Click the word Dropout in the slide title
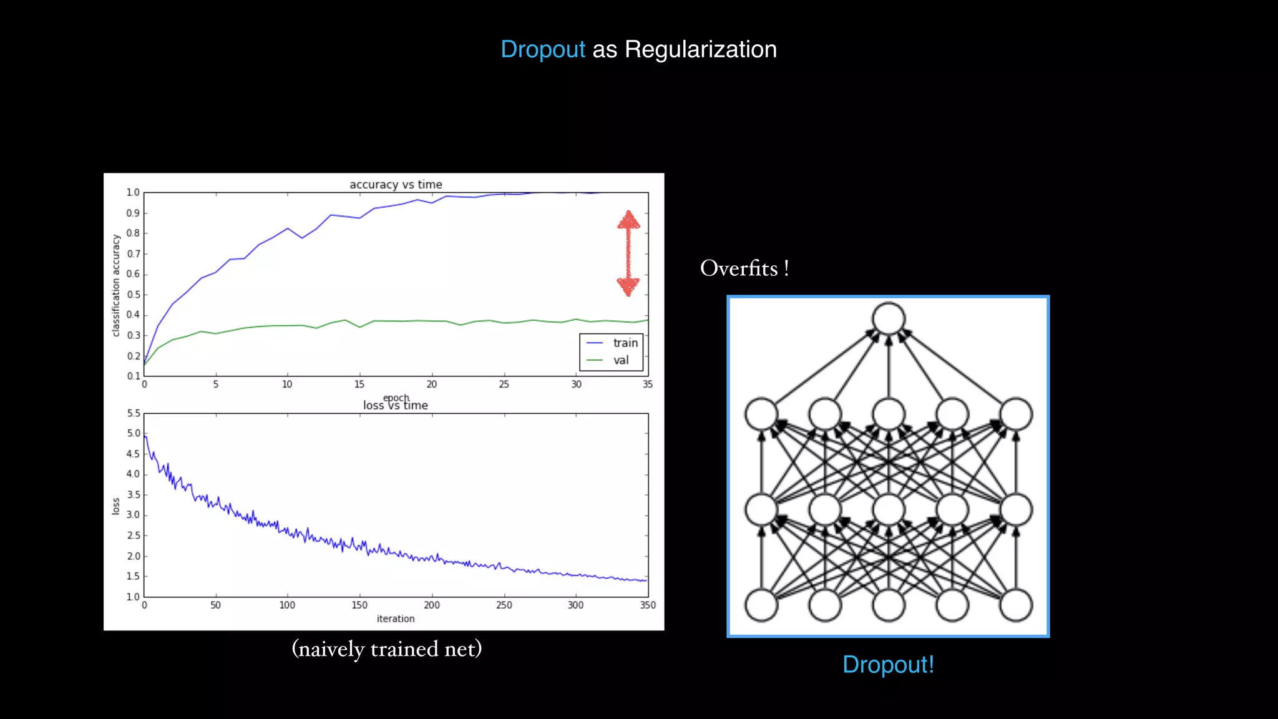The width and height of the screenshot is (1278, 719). [x=542, y=50]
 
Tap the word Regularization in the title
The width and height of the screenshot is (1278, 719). [x=700, y=50]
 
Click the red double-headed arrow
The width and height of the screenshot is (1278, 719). [x=628, y=253]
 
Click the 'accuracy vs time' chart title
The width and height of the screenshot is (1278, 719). [x=396, y=184]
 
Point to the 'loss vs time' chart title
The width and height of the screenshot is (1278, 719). [x=396, y=406]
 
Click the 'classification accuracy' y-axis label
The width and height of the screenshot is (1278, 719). [x=115, y=285]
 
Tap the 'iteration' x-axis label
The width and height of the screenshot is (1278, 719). [x=396, y=619]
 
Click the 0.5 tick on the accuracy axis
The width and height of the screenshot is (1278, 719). [x=133, y=295]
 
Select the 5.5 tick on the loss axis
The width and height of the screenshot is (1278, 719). [x=134, y=413]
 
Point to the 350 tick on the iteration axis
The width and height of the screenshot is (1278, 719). [x=648, y=605]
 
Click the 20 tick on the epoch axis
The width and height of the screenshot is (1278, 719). [x=432, y=384]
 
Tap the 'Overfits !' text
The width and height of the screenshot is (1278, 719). [x=744, y=268]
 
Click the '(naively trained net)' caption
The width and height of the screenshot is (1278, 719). [x=387, y=649]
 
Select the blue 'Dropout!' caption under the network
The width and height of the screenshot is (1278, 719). [x=888, y=665]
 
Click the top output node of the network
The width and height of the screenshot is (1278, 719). [x=889, y=318]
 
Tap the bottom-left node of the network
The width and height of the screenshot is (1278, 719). [x=761, y=605]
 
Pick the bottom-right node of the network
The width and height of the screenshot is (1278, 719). [x=1016, y=605]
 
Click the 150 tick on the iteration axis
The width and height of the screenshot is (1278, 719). [x=359, y=605]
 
